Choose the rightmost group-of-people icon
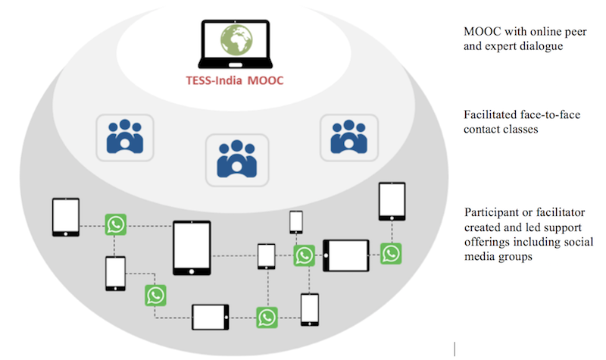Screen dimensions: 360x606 click(x=346, y=137)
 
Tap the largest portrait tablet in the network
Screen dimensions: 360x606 click(x=191, y=246)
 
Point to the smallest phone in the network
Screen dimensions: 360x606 click(x=296, y=222)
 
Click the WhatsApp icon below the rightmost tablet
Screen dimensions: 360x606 click(x=391, y=252)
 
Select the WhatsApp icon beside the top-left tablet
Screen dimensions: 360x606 click(x=115, y=224)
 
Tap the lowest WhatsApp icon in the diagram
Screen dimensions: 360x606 click(x=267, y=317)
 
